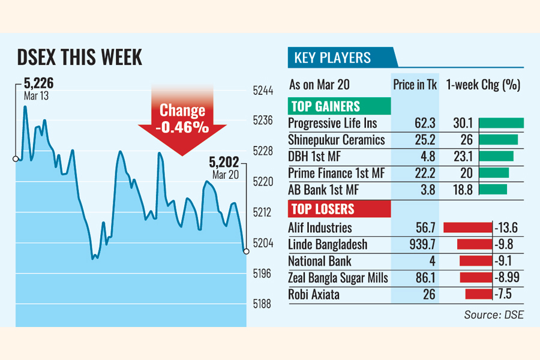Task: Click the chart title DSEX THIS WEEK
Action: (x=79, y=58)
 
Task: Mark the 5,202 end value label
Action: (x=224, y=161)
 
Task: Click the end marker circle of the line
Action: (x=246, y=251)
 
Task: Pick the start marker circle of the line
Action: (x=16, y=159)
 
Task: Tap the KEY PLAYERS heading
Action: (x=332, y=58)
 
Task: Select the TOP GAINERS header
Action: (x=326, y=107)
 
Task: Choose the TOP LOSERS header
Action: (x=323, y=209)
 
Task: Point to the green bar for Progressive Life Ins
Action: (x=502, y=123)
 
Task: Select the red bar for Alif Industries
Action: (x=467, y=228)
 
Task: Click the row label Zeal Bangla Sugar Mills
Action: (x=338, y=278)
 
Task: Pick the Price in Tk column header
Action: (x=415, y=85)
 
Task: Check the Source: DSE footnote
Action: (x=494, y=314)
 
